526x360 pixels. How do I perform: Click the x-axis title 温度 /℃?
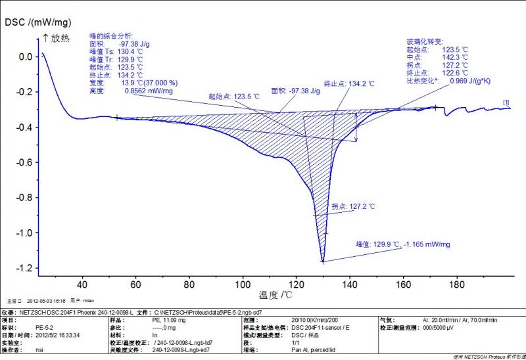pyautogui.click(x=275, y=295)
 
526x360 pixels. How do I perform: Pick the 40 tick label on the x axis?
pyautogui.click(x=82, y=284)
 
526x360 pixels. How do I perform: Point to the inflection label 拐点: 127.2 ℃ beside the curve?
pyautogui.click(x=353, y=206)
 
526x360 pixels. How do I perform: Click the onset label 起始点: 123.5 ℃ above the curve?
pyautogui.click(x=233, y=97)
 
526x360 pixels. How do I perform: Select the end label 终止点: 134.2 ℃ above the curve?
pyautogui.click(x=349, y=83)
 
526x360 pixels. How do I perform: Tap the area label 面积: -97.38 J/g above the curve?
pyautogui.click(x=295, y=91)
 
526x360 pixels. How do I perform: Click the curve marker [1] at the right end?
pyautogui.click(x=506, y=102)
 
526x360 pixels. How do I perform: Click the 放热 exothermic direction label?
pyautogui.click(x=60, y=39)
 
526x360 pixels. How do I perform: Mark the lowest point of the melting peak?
pyautogui.click(x=323, y=262)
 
